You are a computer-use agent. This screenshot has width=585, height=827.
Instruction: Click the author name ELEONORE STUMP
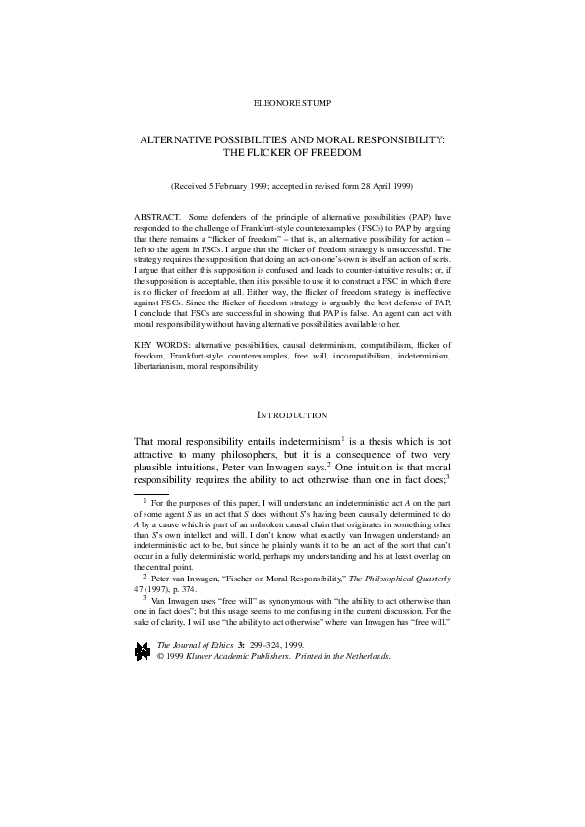[x=291, y=101]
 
